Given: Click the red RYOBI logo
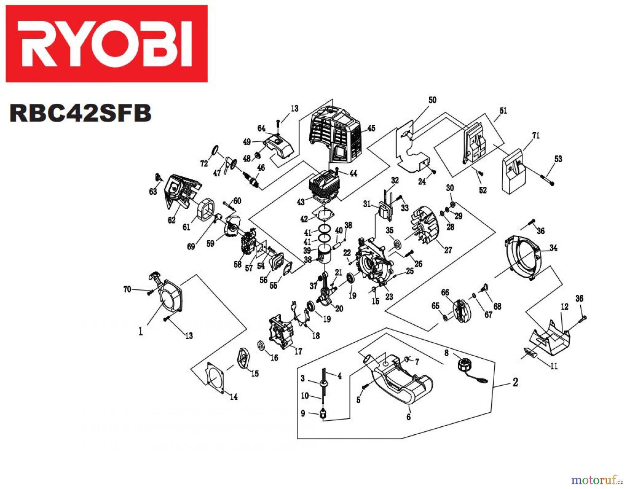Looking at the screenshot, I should click(106, 44).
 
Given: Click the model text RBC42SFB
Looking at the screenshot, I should click(80, 113).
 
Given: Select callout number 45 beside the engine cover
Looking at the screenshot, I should click(371, 128).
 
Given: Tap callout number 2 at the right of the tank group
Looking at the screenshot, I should click(515, 382).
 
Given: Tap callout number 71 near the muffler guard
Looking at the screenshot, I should click(536, 135).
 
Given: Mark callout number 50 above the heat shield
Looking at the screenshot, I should click(432, 100).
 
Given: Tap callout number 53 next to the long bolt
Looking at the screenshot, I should click(558, 159).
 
